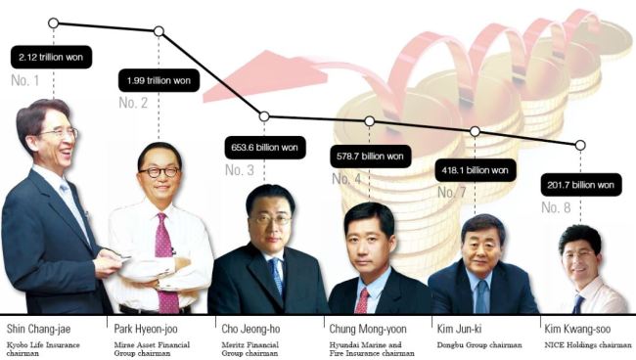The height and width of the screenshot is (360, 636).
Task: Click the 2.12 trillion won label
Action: [x=51, y=57]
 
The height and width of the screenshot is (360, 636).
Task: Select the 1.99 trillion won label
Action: [x=159, y=80]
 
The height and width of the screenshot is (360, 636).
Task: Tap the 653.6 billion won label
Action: [x=265, y=147]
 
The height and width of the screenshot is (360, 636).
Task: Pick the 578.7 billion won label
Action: [x=370, y=157]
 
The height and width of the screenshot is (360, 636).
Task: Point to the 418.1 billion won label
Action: [x=476, y=170]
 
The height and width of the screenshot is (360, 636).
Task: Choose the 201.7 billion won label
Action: [x=581, y=185]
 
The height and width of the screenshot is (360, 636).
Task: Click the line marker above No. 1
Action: [x=53, y=23]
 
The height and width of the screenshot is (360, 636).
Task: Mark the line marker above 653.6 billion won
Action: [x=264, y=116]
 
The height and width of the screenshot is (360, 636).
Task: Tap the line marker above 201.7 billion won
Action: [x=580, y=145]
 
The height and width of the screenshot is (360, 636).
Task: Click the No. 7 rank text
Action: [x=451, y=192]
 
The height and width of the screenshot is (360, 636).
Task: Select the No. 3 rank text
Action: [x=240, y=170]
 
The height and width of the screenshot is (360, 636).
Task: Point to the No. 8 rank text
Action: [x=556, y=207]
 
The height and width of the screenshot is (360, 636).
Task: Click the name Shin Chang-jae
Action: [x=38, y=329]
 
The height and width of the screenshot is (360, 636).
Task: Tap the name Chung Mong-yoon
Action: [x=368, y=329]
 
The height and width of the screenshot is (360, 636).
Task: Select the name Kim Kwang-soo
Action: [x=577, y=329]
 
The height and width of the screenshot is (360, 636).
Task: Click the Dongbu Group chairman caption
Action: [x=479, y=345]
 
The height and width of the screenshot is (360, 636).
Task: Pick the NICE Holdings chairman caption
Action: [x=588, y=345]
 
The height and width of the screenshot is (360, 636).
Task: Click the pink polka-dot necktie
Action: [x=166, y=263]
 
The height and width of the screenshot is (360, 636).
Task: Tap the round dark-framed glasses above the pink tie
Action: [x=159, y=172]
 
